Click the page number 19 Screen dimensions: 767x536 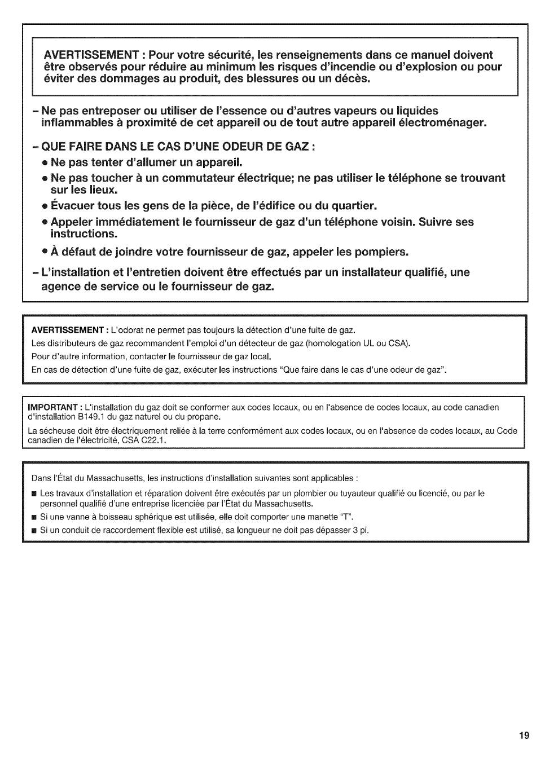click(524, 735)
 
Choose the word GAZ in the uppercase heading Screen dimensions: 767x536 click(296, 147)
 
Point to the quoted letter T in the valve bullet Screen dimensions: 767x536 click(345, 517)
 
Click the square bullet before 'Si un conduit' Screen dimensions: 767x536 click(34, 531)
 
